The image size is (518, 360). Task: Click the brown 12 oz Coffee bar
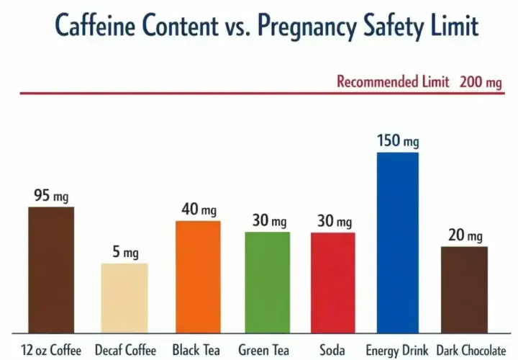(x=51, y=270)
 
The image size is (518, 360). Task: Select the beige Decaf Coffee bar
(x=124, y=298)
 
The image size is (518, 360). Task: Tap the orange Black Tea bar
(x=198, y=276)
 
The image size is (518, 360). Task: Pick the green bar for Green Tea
(x=268, y=282)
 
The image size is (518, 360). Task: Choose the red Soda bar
(x=333, y=283)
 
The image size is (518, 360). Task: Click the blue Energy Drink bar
(x=398, y=243)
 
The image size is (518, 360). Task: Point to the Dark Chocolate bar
(x=465, y=289)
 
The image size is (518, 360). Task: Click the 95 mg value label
(x=51, y=195)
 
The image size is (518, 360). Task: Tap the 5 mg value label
(x=125, y=252)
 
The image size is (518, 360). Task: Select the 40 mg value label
(x=199, y=210)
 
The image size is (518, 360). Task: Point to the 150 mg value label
(x=398, y=140)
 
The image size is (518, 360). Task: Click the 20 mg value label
(x=465, y=235)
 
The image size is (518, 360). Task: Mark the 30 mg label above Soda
(x=335, y=221)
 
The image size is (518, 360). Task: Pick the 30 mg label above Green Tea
(x=269, y=220)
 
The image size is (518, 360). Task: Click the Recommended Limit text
(x=393, y=81)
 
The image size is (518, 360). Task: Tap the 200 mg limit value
(x=481, y=82)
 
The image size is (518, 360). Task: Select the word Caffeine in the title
(x=95, y=24)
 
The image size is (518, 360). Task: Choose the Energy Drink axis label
(x=397, y=350)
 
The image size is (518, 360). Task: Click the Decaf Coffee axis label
(x=125, y=350)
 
